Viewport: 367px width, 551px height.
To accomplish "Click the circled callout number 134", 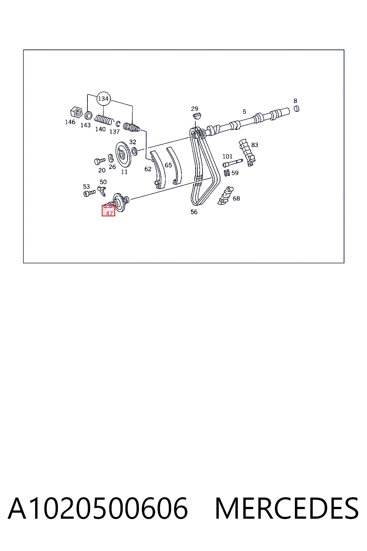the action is [x=103, y=99].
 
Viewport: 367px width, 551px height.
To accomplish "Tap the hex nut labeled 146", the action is [x=76, y=112].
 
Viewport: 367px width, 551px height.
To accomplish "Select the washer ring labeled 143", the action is [x=88, y=115].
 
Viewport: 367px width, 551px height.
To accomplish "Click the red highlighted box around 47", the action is [x=108, y=211].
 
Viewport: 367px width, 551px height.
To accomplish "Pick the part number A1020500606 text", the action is [x=98, y=508].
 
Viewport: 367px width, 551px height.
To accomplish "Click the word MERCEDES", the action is [x=287, y=508].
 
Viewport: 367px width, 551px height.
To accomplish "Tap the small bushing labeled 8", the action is [x=297, y=108].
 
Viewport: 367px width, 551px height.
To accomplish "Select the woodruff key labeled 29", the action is [x=197, y=116].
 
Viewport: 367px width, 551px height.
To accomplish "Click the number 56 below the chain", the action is [x=194, y=212].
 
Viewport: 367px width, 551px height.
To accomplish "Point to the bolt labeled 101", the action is [x=233, y=163].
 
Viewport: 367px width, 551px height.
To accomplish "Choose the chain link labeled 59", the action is [x=227, y=173].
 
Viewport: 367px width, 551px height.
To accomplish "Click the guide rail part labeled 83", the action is [x=247, y=152].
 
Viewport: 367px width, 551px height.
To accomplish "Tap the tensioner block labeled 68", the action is [x=226, y=196].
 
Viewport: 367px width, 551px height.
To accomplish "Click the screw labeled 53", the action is [x=90, y=193].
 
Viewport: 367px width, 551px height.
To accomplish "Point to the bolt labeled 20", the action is [x=100, y=161].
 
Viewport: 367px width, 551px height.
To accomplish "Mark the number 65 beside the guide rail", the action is [x=168, y=165].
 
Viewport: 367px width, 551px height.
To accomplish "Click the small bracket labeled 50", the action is [x=102, y=191].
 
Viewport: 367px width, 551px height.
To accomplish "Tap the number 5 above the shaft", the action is [x=244, y=112].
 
